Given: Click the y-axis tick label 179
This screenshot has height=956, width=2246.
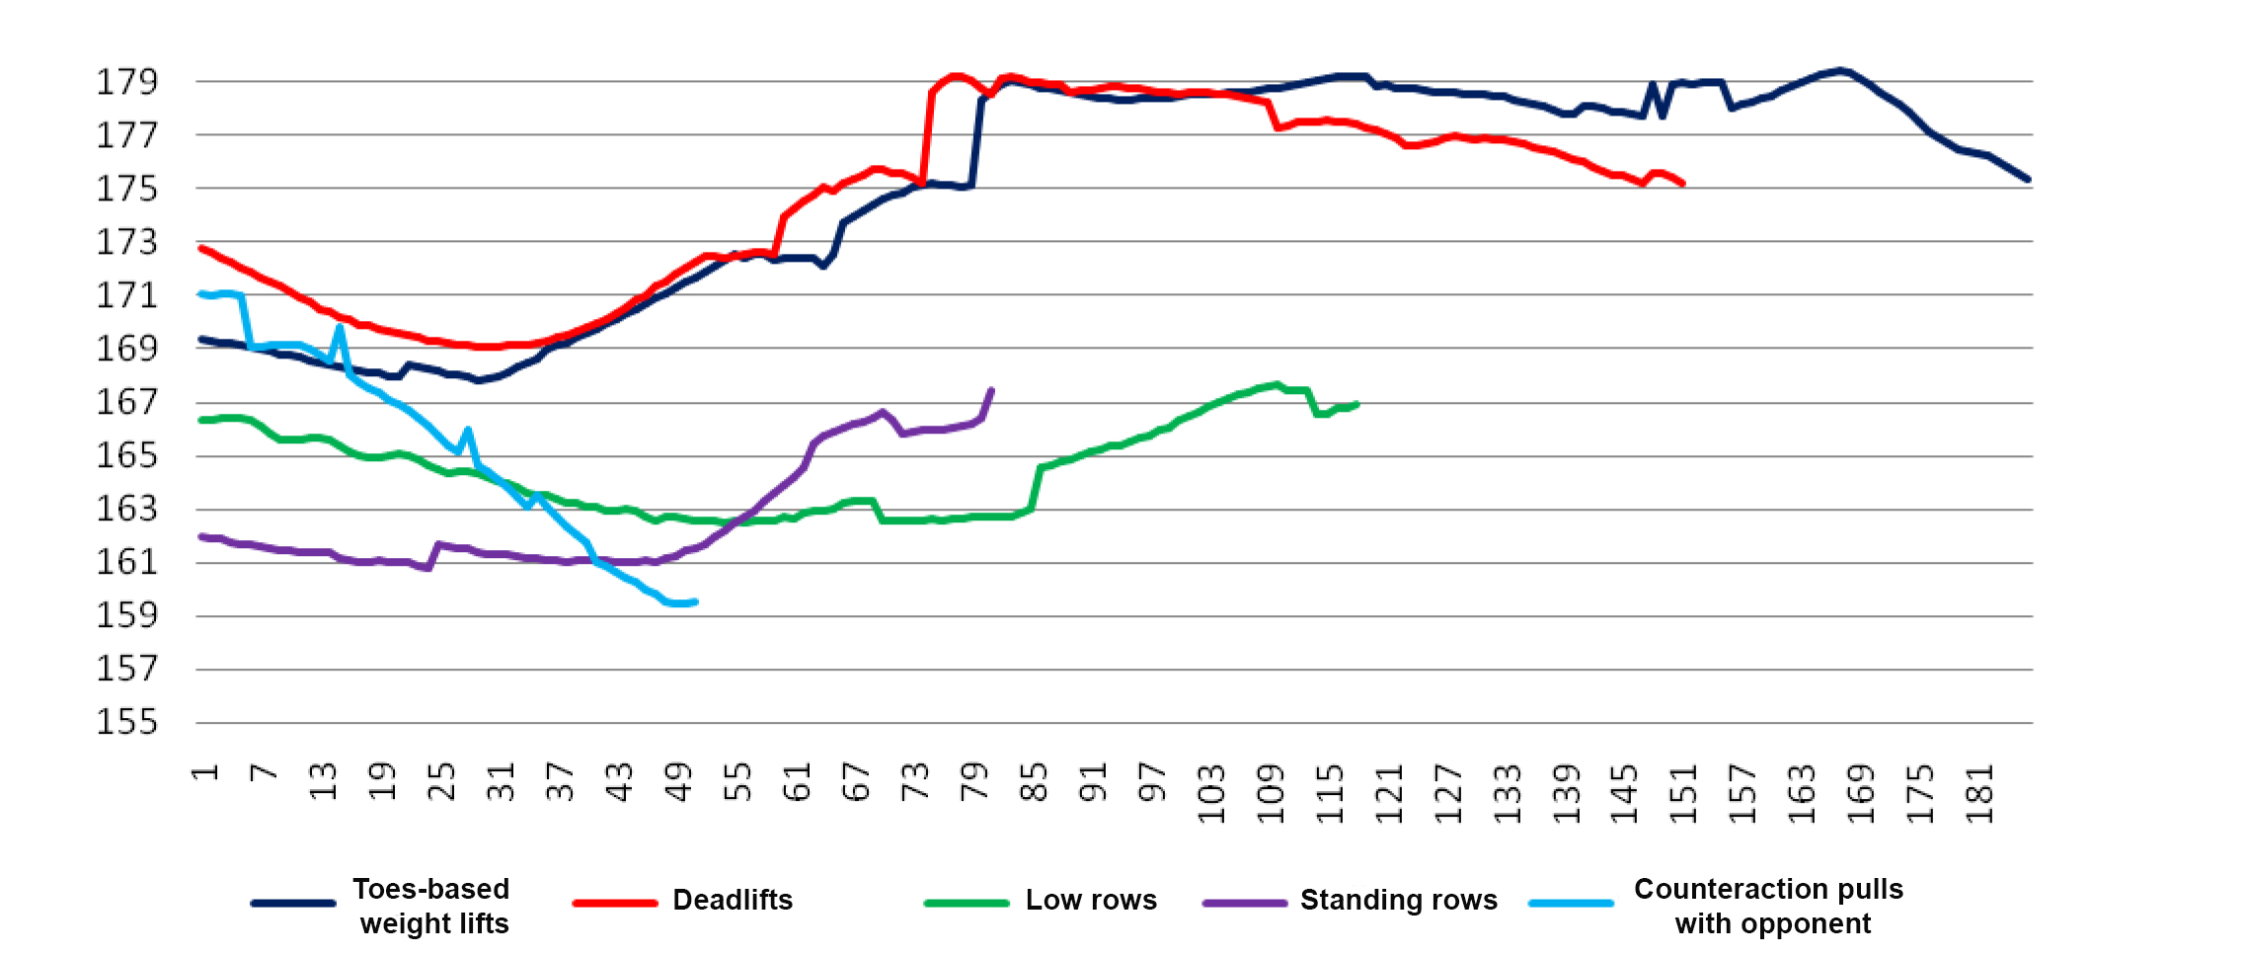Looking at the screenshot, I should [x=126, y=82].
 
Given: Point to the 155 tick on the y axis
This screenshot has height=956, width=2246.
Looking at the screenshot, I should [x=126, y=722].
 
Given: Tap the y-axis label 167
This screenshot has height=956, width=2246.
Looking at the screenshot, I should [x=126, y=402].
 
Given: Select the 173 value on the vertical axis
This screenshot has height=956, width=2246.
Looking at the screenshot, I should [x=126, y=242].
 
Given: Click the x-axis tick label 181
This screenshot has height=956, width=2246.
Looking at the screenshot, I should [x=1979, y=794].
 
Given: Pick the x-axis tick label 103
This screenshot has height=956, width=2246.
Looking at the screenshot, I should [x=1211, y=794].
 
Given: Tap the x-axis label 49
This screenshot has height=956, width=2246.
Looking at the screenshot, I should [x=678, y=781].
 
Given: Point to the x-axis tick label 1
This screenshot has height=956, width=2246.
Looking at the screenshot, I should [x=204, y=771].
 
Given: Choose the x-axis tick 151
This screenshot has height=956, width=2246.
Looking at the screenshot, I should [x=1683, y=794].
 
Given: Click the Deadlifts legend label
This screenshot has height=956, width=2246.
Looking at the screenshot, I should [x=733, y=900].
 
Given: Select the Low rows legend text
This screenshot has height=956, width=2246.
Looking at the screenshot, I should [x=1091, y=900].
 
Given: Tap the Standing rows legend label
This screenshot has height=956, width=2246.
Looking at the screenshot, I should [x=1398, y=900].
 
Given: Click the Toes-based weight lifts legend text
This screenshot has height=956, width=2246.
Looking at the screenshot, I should [x=431, y=906].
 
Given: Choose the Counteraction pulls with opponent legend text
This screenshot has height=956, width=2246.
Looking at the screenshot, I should [x=1769, y=906].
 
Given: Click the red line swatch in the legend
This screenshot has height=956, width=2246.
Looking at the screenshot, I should [x=614, y=903].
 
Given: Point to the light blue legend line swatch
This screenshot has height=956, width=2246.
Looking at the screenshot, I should [x=1571, y=903].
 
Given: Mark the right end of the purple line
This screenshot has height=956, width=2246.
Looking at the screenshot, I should [x=992, y=390].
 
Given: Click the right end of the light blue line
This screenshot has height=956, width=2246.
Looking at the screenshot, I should [x=696, y=601].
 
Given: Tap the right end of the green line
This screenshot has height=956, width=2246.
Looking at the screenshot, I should [x=1357, y=404].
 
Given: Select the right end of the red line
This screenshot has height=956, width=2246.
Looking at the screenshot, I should [x=1682, y=184].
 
